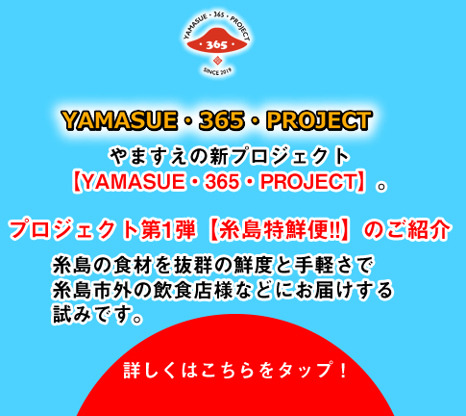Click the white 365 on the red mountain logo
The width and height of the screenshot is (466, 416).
tap(217, 44)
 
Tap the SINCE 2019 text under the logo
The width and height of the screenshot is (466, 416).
tap(217, 71)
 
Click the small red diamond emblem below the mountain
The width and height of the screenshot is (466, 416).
tap(217, 60)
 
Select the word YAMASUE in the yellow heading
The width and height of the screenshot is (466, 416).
tap(119, 120)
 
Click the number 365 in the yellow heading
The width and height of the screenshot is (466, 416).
tap(222, 120)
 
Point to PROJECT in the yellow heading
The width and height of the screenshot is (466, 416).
tap(319, 120)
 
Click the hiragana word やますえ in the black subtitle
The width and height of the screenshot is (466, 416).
tap(148, 157)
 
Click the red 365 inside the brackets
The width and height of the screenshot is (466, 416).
tap(222, 182)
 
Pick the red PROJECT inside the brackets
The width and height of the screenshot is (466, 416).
tap(308, 182)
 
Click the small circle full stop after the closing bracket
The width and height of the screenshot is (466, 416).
tap(381, 187)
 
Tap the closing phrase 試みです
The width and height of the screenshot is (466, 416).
tap(92, 314)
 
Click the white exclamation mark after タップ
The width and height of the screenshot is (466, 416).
tap(343, 370)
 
